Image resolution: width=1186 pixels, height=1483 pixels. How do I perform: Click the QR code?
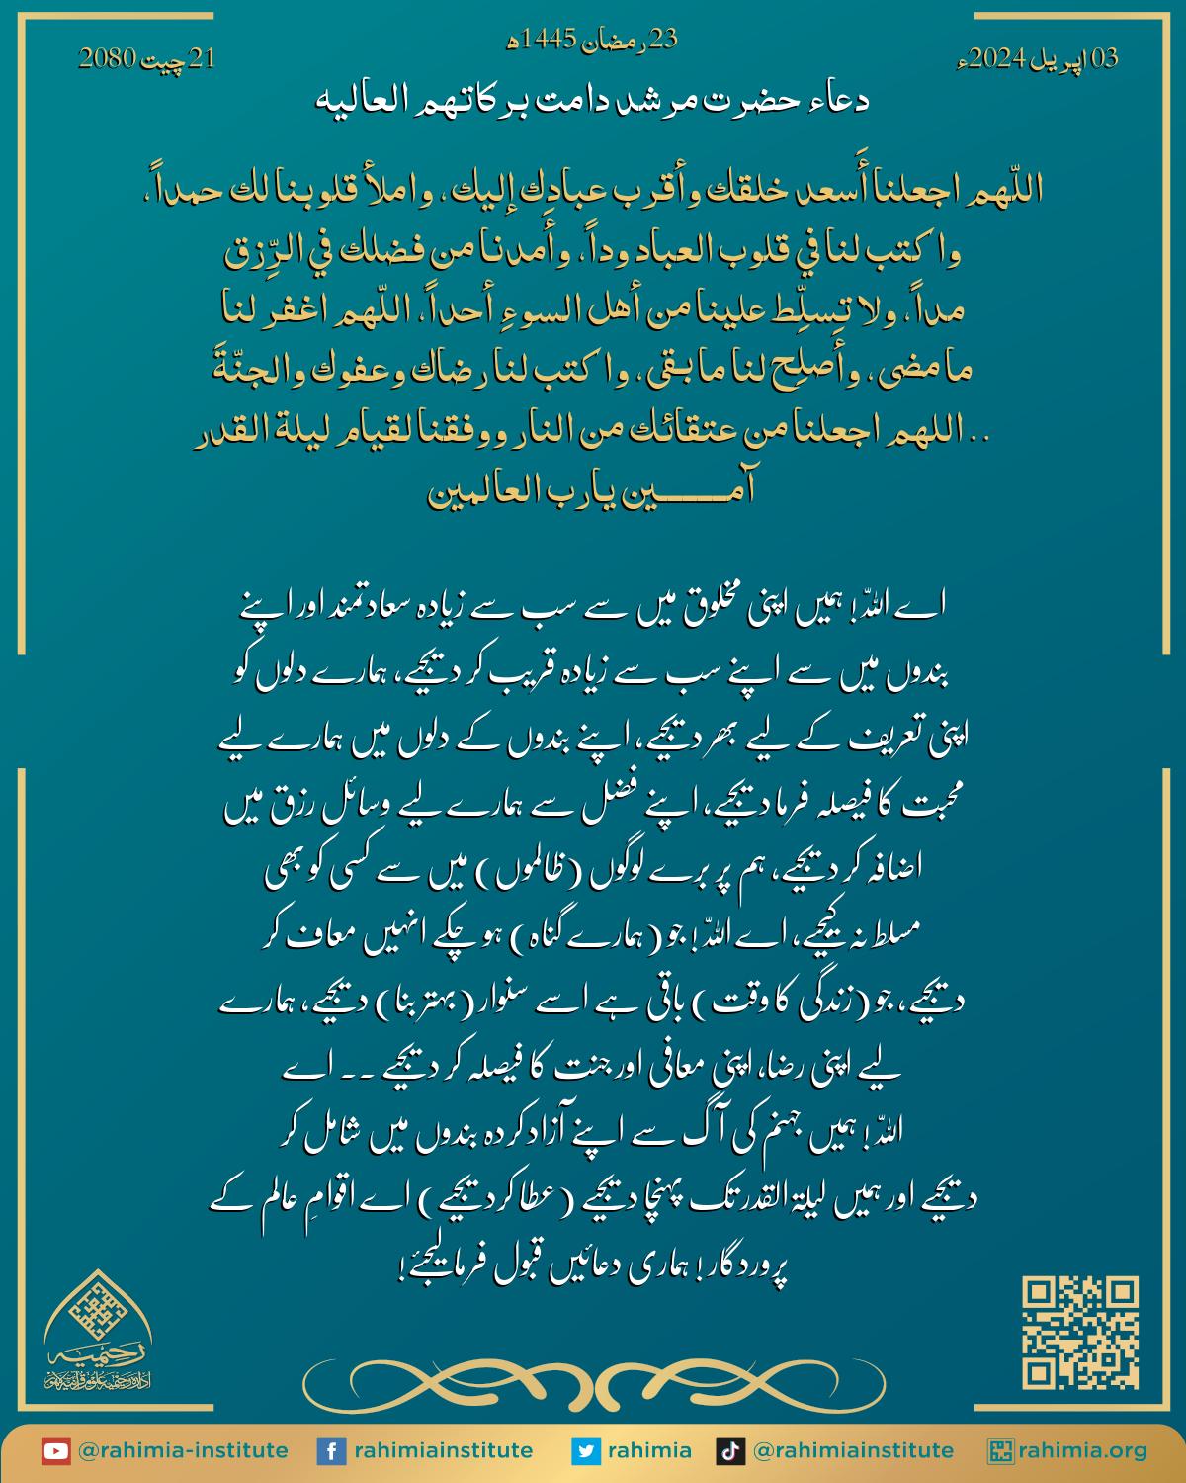click(x=1080, y=1333)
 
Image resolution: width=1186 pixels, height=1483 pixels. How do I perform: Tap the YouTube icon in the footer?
click(x=55, y=1451)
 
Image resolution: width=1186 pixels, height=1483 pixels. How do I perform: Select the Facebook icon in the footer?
click(x=330, y=1451)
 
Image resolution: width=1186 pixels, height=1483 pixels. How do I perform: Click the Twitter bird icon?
click(x=585, y=1451)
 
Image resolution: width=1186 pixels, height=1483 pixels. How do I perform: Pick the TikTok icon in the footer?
click(x=729, y=1451)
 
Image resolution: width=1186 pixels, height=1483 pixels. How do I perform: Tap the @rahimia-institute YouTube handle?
click(x=182, y=1451)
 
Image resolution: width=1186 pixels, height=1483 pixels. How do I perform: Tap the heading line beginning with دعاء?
click(x=593, y=100)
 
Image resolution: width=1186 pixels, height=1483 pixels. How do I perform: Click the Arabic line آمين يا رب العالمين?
click(x=593, y=491)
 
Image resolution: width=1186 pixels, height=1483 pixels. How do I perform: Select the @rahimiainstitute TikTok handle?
click(x=853, y=1451)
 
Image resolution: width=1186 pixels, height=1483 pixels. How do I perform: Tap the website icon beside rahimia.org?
click(x=1001, y=1451)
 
